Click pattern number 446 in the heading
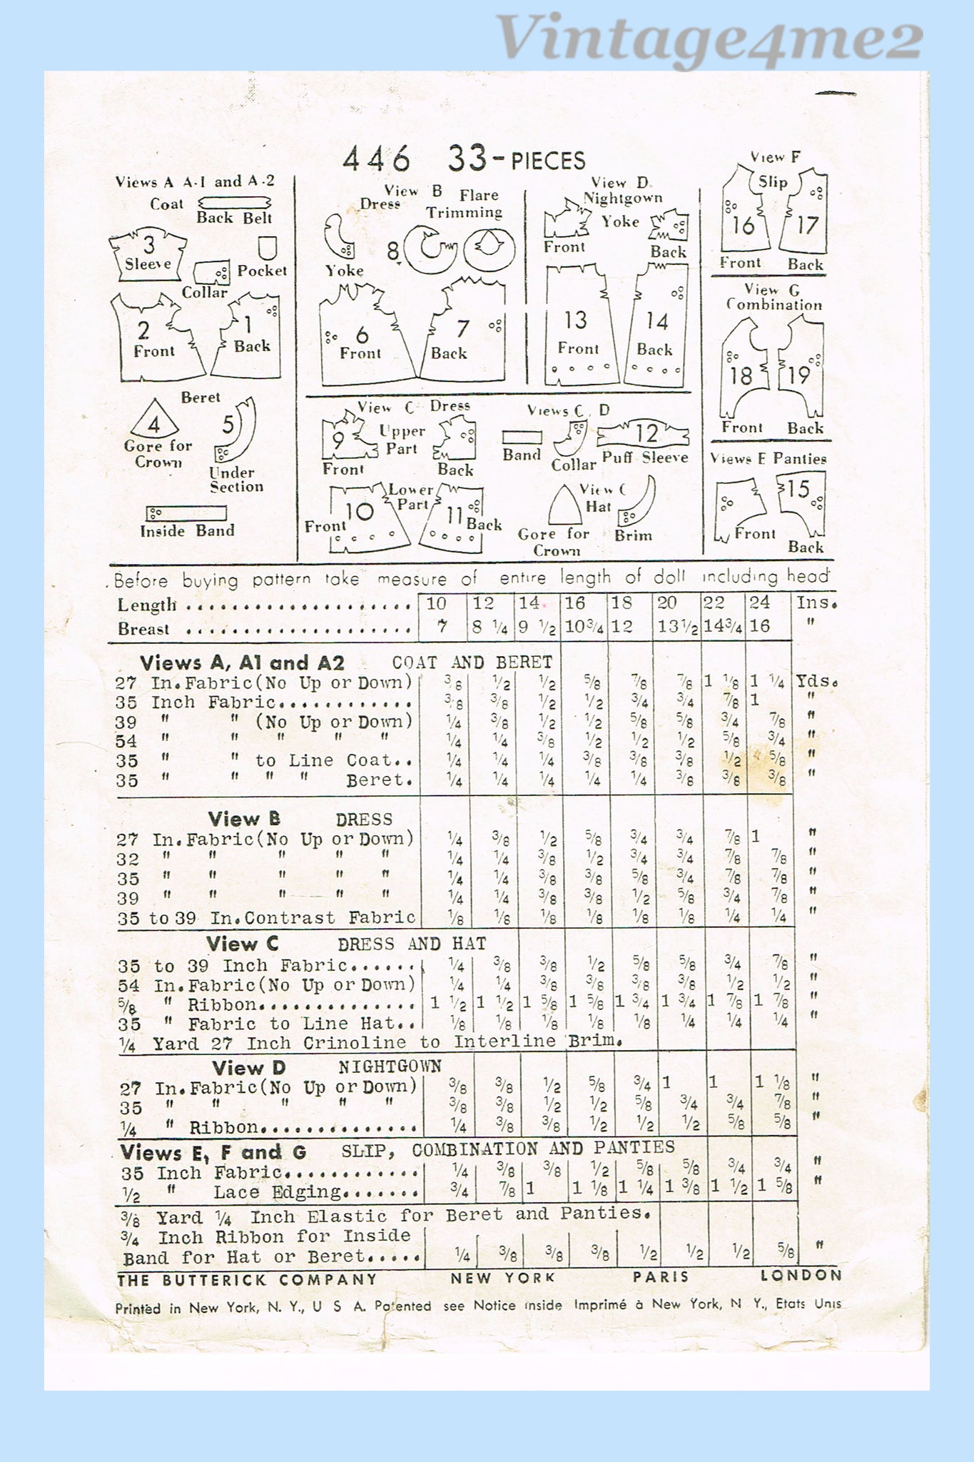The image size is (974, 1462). [x=376, y=158]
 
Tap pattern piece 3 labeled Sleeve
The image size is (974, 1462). [x=148, y=255]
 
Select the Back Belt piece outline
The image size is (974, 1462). [x=235, y=203]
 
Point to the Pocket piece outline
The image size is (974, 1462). [x=268, y=248]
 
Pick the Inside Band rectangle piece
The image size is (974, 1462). [x=186, y=513]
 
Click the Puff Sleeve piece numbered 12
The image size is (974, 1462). [x=644, y=434]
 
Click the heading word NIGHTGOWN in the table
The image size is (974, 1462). [x=390, y=1067]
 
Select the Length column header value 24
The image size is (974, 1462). [x=759, y=603]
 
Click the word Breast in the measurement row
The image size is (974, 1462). [x=143, y=629]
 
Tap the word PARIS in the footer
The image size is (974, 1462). [x=660, y=1277]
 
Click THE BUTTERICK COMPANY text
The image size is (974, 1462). [x=246, y=1280]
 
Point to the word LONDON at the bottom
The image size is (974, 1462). [x=801, y=1276]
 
